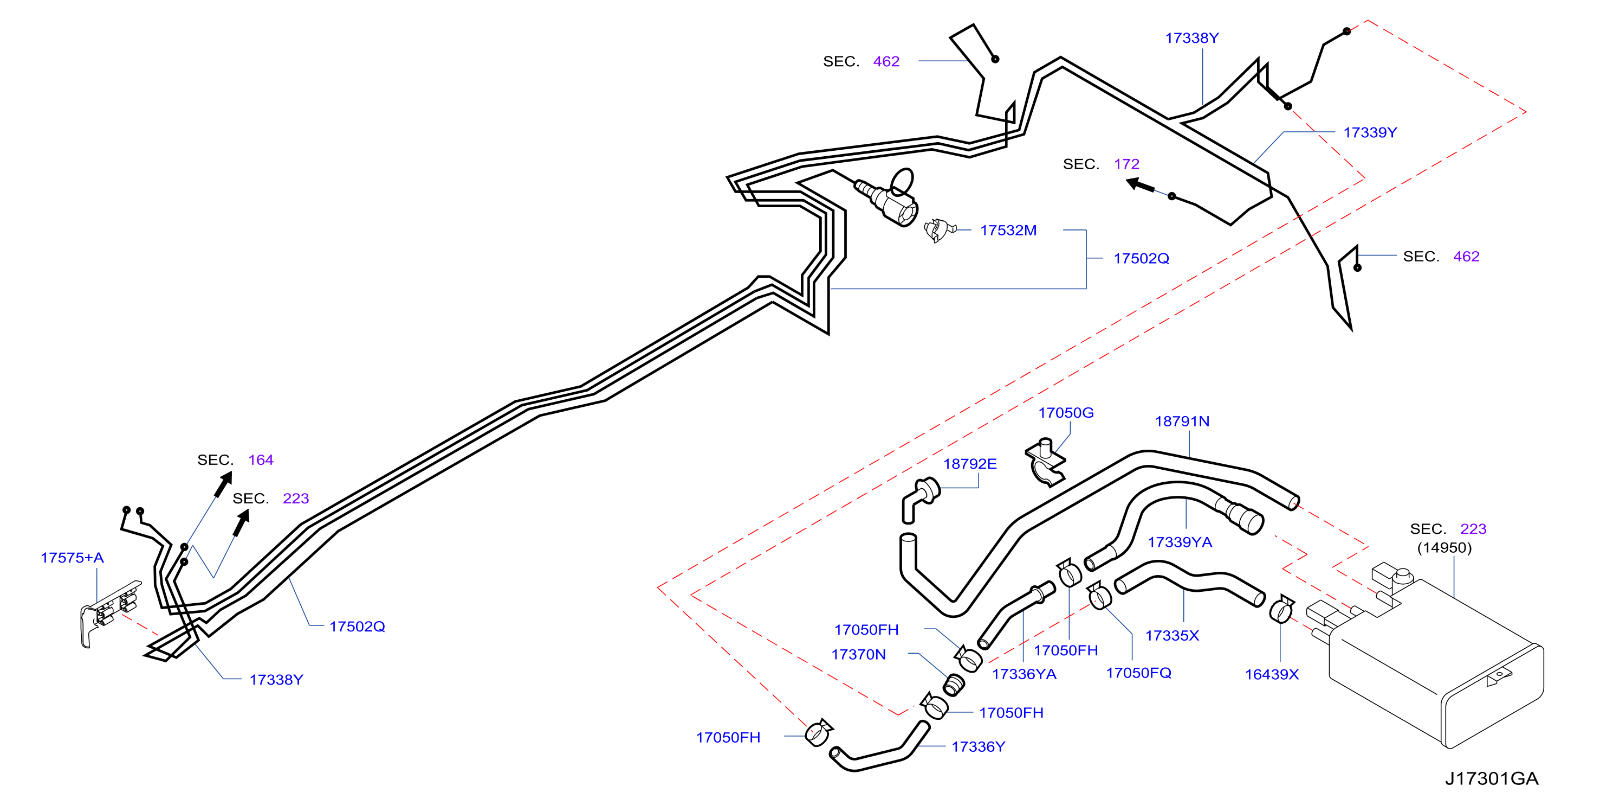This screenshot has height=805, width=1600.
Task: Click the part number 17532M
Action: point(1008,231)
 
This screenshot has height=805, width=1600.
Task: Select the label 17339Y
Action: point(1370,132)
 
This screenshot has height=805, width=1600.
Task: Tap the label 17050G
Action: point(1066,413)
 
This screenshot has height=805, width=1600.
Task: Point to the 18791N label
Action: point(1182,421)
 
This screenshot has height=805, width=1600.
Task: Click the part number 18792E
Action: point(969,464)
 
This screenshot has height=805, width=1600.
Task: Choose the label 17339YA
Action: point(1180,542)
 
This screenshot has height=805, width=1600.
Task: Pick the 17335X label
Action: point(1172,635)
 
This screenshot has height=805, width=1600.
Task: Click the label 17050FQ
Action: point(1138,673)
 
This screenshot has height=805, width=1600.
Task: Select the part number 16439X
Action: point(1272,674)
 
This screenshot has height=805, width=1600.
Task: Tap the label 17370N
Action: point(858,655)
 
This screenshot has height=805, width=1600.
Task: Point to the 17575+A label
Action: point(72,558)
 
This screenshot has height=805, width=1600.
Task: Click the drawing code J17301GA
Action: point(1491,778)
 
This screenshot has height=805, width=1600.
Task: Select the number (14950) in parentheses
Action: point(1444,548)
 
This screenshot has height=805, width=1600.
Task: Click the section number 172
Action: point(1126,164)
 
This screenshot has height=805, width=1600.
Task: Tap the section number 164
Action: point(261,460)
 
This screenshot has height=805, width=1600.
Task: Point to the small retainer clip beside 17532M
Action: point(939,230)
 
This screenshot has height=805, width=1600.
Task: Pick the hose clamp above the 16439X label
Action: point(1281,609)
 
